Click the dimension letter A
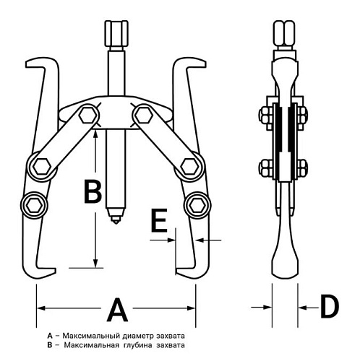[x=117, y=310]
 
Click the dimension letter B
[x=93, y=192]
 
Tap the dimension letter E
[x=159, y=220]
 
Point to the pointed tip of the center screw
[x=116, y=223]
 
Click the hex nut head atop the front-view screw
[x=116, y=33]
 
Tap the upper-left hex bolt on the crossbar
[x=88, y=116]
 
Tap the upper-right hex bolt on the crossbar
[x=144, y=116]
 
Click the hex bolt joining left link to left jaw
[x=42, y=166]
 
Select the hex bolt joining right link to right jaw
[x=190, y=166]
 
